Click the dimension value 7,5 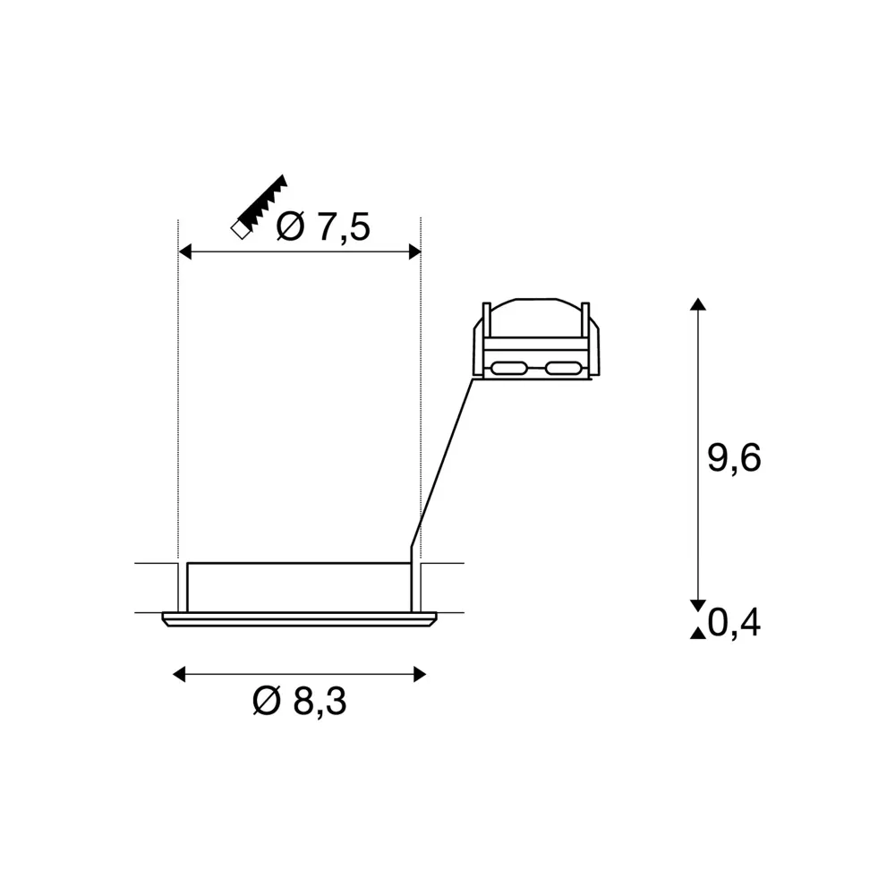tap(343, 227)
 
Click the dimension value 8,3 tap(320, 701)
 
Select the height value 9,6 tap(734, 457)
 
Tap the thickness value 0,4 tap(734, 623)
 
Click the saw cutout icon tap(259, 207)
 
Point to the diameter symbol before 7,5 tap(290, 226)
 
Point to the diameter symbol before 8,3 tap(267, 701)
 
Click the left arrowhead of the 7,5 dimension tap(184, 251)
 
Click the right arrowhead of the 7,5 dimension tap(415, 251)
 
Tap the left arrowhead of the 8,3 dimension tap(179, 674)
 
